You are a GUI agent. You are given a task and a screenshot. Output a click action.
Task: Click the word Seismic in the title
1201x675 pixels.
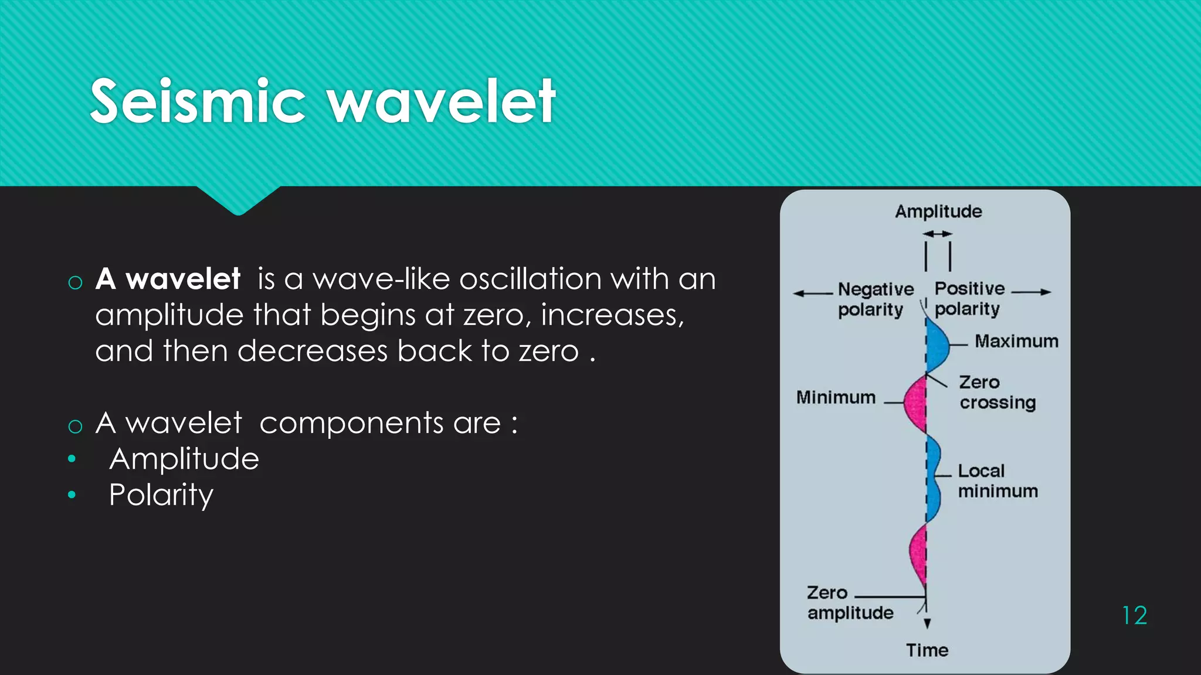click(x=198, y=101)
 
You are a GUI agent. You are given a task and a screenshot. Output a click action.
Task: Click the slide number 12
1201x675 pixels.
click(x=1134, y=616)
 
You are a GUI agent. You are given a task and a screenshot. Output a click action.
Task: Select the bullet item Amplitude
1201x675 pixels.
click(x=184, y=459)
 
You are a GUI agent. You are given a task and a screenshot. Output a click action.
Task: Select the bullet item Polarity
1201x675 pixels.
click(x=161, y=495)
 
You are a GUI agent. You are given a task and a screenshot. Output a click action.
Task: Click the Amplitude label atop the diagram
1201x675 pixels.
click(x=938, y=212)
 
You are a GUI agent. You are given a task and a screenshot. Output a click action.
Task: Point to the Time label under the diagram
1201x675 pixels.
click(x=927, y=650)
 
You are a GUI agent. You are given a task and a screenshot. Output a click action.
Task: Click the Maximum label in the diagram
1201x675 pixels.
click(x=1016, y=341)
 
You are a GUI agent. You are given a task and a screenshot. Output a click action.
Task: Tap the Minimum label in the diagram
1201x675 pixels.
click(x=836, y=397)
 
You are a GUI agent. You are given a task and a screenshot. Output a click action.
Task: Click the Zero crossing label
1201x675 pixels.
click(x=997, y=393)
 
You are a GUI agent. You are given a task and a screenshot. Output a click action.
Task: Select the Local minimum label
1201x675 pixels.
click(x=997, y=480)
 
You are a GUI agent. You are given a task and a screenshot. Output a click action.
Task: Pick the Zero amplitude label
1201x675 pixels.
click(x=849, y=603)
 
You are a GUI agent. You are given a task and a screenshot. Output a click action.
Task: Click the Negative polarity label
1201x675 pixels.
click(x=875, y=299)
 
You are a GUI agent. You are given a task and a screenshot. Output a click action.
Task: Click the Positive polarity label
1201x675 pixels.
click(x=969, y=298)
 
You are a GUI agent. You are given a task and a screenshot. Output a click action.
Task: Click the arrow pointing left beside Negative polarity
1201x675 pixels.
click(x=812, y=293)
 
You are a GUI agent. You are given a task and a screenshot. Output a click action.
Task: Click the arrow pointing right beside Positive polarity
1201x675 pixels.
click(x=1032, y=292)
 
